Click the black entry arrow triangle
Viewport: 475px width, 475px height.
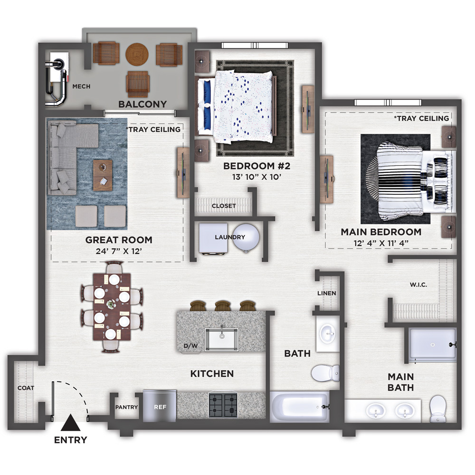(71, 423)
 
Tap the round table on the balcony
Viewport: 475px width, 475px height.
(137, 54)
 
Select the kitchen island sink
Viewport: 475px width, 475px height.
(221, 339)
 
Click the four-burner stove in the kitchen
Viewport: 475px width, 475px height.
(223, 405)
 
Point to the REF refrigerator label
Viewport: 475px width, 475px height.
(160, 407)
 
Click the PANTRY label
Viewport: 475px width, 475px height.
(127, 407)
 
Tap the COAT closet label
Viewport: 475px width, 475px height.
(26, 388)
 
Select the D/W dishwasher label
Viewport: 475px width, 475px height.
(191, 346)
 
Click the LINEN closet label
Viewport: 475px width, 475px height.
(327, 293)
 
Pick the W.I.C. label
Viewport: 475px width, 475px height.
(418, 285)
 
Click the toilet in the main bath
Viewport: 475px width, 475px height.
(438, 408)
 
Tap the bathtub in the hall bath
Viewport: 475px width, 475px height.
(299, 407)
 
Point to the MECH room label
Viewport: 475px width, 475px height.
(81, 86)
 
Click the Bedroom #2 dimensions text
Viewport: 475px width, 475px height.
(256, 177)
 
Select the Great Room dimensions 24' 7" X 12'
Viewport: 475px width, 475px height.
(119, 251)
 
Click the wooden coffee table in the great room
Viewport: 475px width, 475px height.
(103, 175)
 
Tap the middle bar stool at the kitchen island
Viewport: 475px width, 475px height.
(223, 305)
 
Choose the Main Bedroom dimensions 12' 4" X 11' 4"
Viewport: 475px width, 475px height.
(381, 243)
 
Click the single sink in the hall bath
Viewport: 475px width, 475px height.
(328, 334)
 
